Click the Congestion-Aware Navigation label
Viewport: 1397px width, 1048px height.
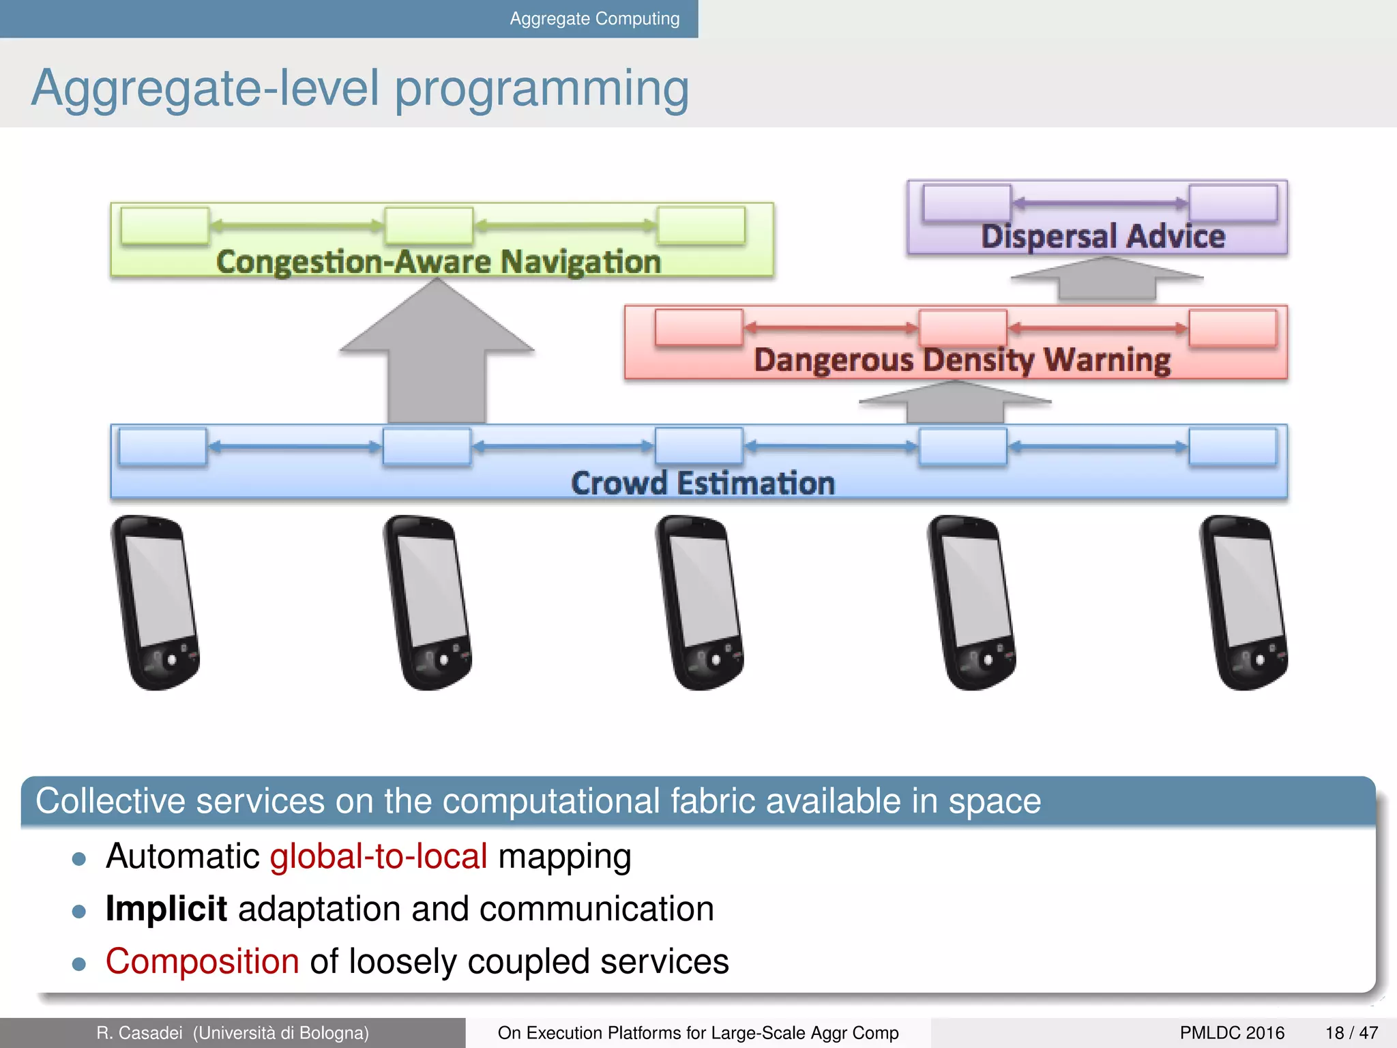click(x=439, y=262)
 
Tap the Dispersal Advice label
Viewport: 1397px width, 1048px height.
click(x=1102, y=237)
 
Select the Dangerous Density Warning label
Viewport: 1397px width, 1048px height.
click(x=962, y=360)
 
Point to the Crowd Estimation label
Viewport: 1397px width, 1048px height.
click(x=703, y=483)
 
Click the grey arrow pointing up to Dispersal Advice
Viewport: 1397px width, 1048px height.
click(x=1106, y=280)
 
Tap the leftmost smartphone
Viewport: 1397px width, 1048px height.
click(x=156, y=602)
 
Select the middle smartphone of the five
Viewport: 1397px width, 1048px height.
click(x=700, y=602)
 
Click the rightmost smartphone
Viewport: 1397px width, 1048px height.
click(x=1243, y=602)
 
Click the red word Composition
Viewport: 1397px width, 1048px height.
click(x=203, y=961)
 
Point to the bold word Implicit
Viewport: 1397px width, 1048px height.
click(x=166, y=909)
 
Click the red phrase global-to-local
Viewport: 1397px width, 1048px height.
click(x=379, y=856)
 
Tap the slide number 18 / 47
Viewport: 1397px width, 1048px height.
click(x=1351, y=1033)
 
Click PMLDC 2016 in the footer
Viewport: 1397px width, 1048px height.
click(x=1232, y=1033)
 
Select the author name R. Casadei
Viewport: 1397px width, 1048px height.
click(x=140, y=1033)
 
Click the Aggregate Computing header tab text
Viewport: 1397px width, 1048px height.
click(x=594, y=18)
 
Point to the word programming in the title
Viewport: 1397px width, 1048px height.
click(x=542, y=89)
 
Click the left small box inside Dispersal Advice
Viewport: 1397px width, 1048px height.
click(x=966, y=203)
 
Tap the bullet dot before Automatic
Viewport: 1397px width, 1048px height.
click(x=79, y=859)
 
